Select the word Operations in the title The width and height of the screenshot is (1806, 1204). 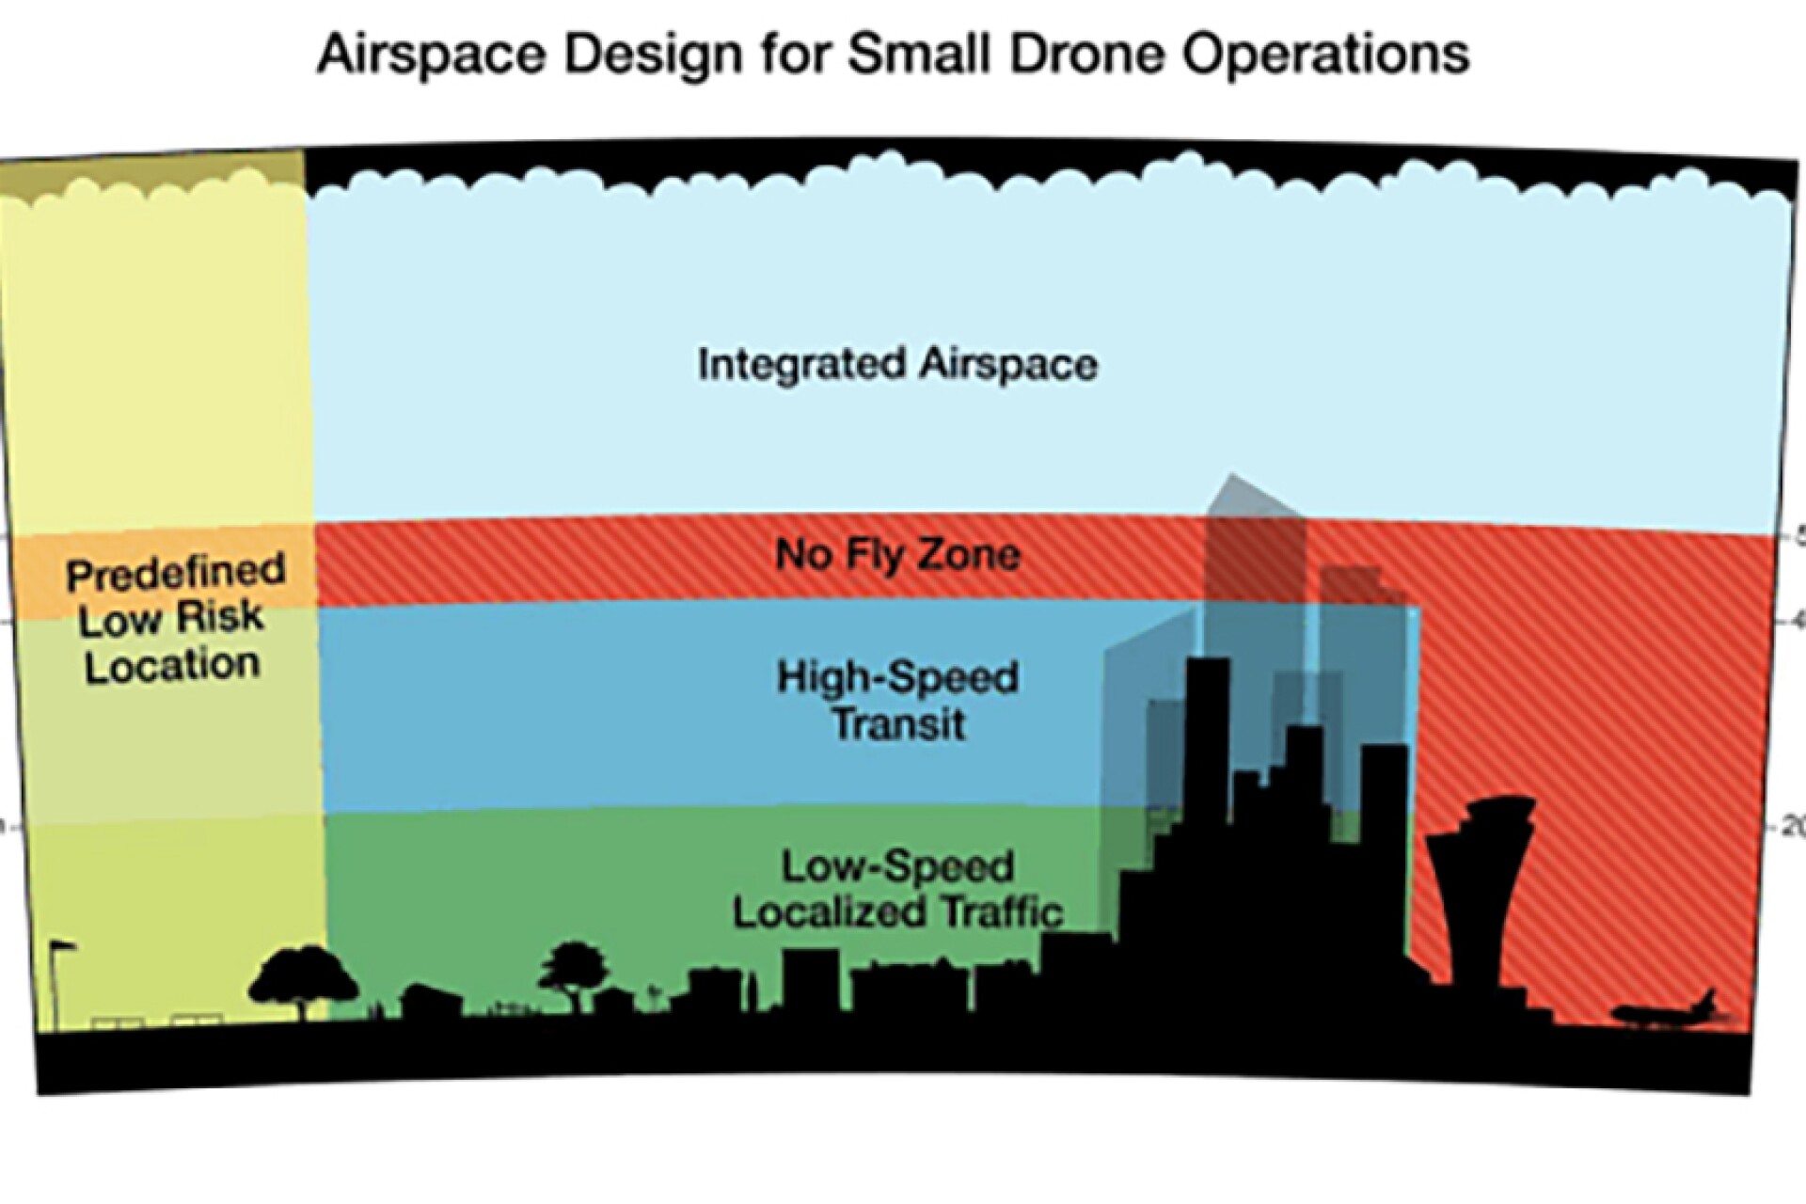1326,55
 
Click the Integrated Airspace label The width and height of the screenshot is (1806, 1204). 897,364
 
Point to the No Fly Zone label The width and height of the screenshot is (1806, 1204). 897,554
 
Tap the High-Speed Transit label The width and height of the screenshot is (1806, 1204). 897,701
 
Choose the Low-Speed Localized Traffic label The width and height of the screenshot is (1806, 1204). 897,890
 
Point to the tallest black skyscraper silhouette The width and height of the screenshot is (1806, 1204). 1208,752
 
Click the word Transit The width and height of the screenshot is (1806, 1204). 899,725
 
